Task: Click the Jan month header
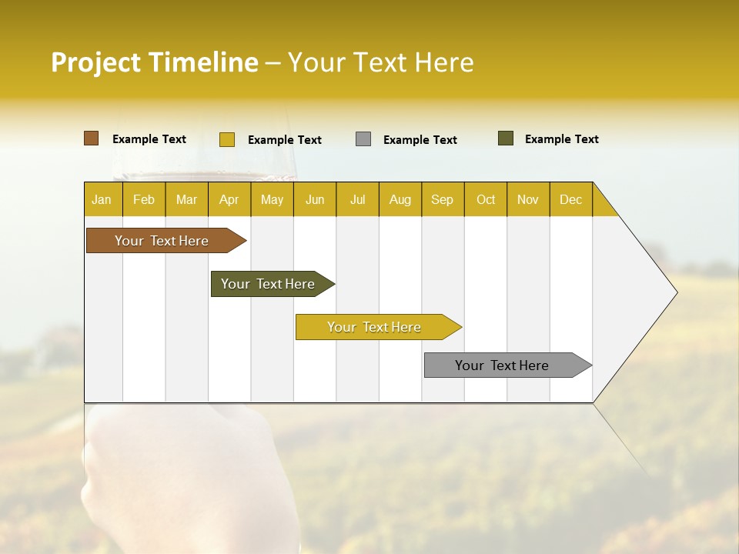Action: [102, 199]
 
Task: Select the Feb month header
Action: [144, 199]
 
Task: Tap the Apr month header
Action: [229, 199]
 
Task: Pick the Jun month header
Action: [315, 199]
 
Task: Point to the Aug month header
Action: [400, 199]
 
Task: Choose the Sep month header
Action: [443, 199]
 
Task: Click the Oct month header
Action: [486, 199]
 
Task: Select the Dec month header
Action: [571, 199]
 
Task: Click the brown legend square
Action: [92, 138]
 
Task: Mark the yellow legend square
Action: [227, 139]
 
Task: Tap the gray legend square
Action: [363, 139]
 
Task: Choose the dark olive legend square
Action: [506, 138]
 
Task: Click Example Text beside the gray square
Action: [420, 140]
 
